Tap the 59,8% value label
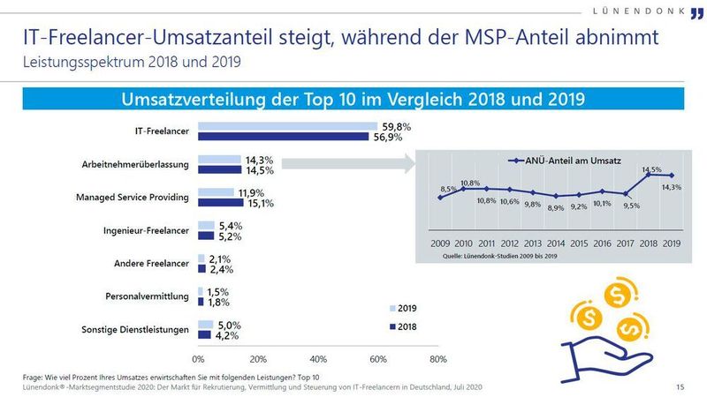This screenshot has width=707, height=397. (396, 126)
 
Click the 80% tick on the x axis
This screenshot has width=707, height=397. (437, 358)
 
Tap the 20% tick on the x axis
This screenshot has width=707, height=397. (258, 358)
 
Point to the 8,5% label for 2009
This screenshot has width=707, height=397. (449, 189)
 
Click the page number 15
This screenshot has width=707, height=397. (680, 386)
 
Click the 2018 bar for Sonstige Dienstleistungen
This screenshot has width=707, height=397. (204, 335)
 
